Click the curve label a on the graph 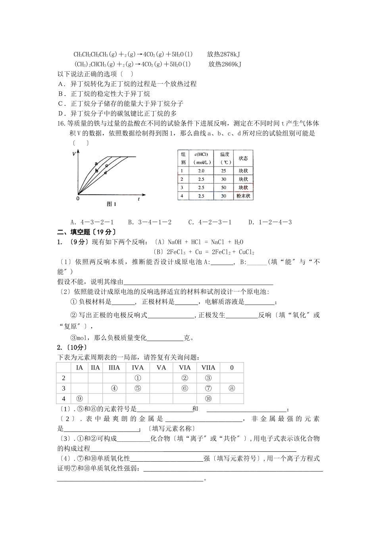pyautogui.click(x=96, y=163)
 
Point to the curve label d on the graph pyautogui.click(x=105, y=173)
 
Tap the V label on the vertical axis pyautogui.click(x=74, y=153)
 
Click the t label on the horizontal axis pyautogui.click(x=138, y=199)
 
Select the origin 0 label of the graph pyautogui.click(x=78, y=198)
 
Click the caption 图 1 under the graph pyautogui.click(x=112, y=204)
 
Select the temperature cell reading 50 pyautogui.click(x=224, y=188)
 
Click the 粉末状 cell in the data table pyautogui.click(x=243, y=196)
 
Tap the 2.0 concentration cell pyautogui.click(x=201, y=171)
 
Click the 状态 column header pyautogui.click(x=243, y=158)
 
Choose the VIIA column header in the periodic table pyautogui.click(x=208, y=368)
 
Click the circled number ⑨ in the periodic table pyautogui.click(x=79, y=399)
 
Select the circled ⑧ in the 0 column pyautogui.click(x=232, y=388)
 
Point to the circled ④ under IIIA pyautogui.click(x=114, y=388)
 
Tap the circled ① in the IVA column pyautogui.click(x=137, y=378)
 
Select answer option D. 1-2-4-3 pyautogui.click(x=270, y=222)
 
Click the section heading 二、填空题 pyautogui.click(x=87, y=232)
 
